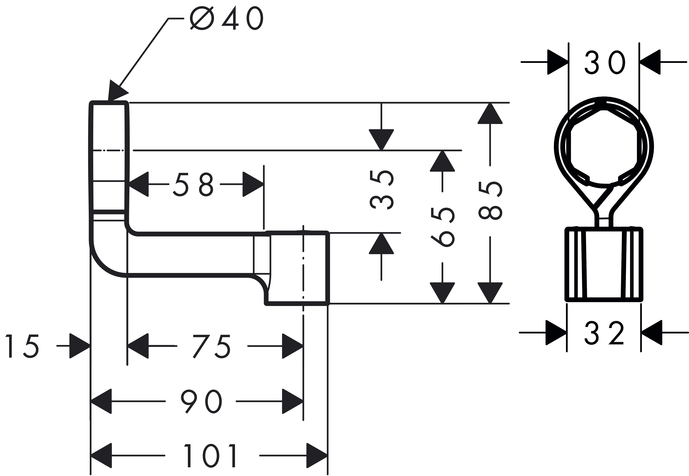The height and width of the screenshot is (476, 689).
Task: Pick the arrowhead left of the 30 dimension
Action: (x=558, y=62)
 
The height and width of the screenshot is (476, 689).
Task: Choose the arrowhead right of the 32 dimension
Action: (x=652, y=333)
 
